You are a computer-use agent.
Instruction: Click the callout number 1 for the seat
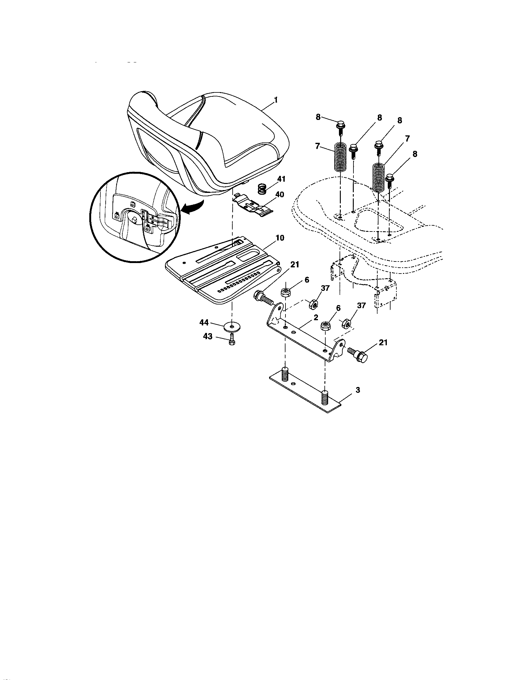pos(275,100)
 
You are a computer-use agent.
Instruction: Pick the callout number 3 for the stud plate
pos(358,389)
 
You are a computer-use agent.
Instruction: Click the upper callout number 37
pos(324,288)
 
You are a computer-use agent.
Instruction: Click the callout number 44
pos(204,323)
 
